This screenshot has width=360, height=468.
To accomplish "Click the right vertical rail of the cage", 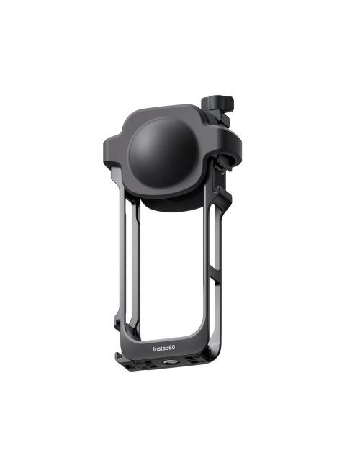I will (x=216, y=274).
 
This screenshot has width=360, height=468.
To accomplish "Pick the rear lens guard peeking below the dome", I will (x=173, y=204).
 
